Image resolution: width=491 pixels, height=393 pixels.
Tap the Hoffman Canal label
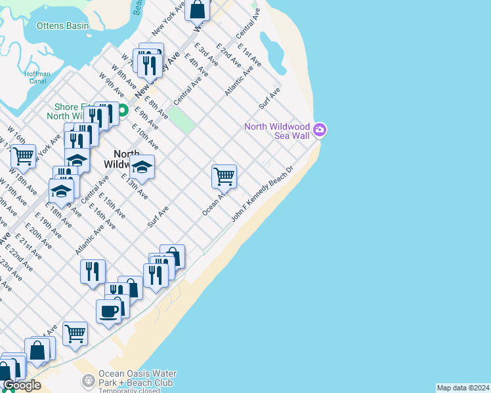[37, 78]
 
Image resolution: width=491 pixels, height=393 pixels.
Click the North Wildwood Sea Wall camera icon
[320, 130]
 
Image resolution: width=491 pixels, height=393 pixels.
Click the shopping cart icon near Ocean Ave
[224, 176]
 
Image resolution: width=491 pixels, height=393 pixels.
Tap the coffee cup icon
[108, 310]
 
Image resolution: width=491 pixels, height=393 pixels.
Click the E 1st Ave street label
[250, 56]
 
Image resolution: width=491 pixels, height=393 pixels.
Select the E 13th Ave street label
[135, 186]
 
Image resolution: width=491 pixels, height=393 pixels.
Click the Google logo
[22, 385]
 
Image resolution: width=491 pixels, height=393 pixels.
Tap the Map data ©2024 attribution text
[463, 388]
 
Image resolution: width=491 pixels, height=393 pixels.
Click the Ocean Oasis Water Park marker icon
[88, 381]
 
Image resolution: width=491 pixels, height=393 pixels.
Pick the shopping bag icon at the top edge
[198, 10]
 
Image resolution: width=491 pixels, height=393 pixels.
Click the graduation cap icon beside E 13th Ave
[142, 167]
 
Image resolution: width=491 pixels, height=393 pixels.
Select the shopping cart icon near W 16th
[24, 156]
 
